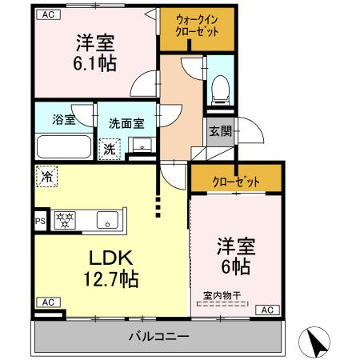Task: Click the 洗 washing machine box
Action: point(108,148)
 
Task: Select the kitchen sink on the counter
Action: point(107,219)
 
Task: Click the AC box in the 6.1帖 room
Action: point(48,14)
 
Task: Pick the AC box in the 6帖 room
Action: point(266,310)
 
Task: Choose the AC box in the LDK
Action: point(47,302)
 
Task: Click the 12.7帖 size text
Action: point(112,279)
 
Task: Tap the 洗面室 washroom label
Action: point(126,123)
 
